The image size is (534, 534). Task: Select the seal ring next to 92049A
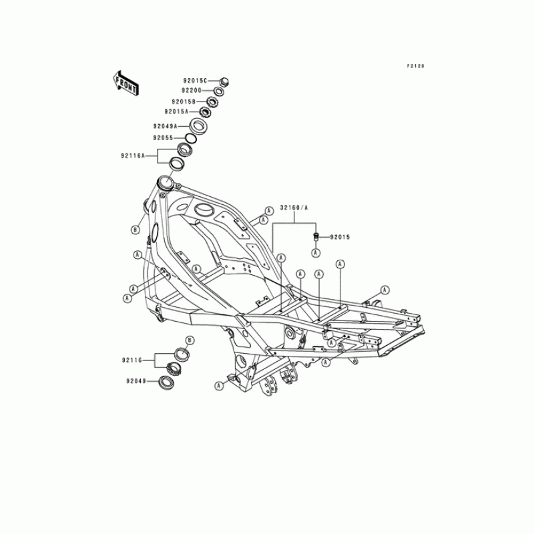coord(198,125)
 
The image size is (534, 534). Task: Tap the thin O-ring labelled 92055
coord(190,138)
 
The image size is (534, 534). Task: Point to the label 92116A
coord(133,156)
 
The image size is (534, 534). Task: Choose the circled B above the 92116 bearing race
coord(189,340)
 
